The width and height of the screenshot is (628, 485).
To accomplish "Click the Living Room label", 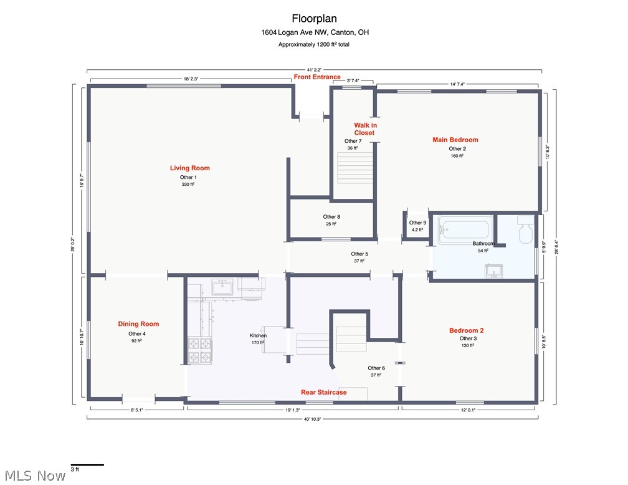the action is tap(190, 168).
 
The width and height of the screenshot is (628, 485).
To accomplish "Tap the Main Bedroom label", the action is tap(455, 140).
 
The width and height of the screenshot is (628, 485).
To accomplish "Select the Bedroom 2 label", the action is tap(466, 330).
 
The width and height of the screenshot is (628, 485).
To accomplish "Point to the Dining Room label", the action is tap(138, 324).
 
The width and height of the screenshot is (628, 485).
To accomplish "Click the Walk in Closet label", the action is tap(365, 129).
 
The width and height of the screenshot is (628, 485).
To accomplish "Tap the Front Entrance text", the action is tap(317, 77).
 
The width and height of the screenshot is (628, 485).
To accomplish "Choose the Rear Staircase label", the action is tap(323, 392).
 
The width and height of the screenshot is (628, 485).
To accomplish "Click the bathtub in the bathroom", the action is tap(465, 230).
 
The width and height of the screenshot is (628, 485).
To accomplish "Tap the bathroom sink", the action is tap(494, 271).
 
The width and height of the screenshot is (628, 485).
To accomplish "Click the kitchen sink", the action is tap(222, 287).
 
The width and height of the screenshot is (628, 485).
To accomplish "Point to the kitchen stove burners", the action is tap(200, 350).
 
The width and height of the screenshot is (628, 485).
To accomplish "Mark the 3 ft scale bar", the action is tap(87, 465).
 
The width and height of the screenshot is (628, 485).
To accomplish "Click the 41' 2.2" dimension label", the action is tap(315, 70).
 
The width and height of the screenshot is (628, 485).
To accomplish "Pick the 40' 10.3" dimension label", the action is tap(313, 419).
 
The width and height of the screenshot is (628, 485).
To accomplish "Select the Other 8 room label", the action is tap(331, 217).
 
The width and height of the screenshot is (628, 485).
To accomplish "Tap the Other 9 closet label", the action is tap(417, 223).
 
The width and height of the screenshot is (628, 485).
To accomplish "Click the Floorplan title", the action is tap(315, 19).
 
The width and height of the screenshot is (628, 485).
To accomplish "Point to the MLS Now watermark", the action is tap(36, 476).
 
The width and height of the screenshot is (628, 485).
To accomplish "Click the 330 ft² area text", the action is tap(188, 185).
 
